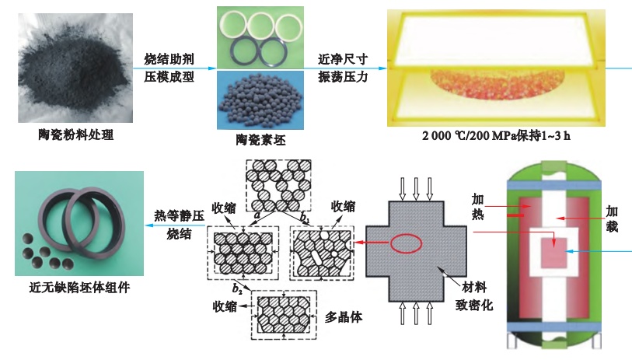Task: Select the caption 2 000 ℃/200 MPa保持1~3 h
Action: click(495, 136)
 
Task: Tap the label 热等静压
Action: click(178, 215)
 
